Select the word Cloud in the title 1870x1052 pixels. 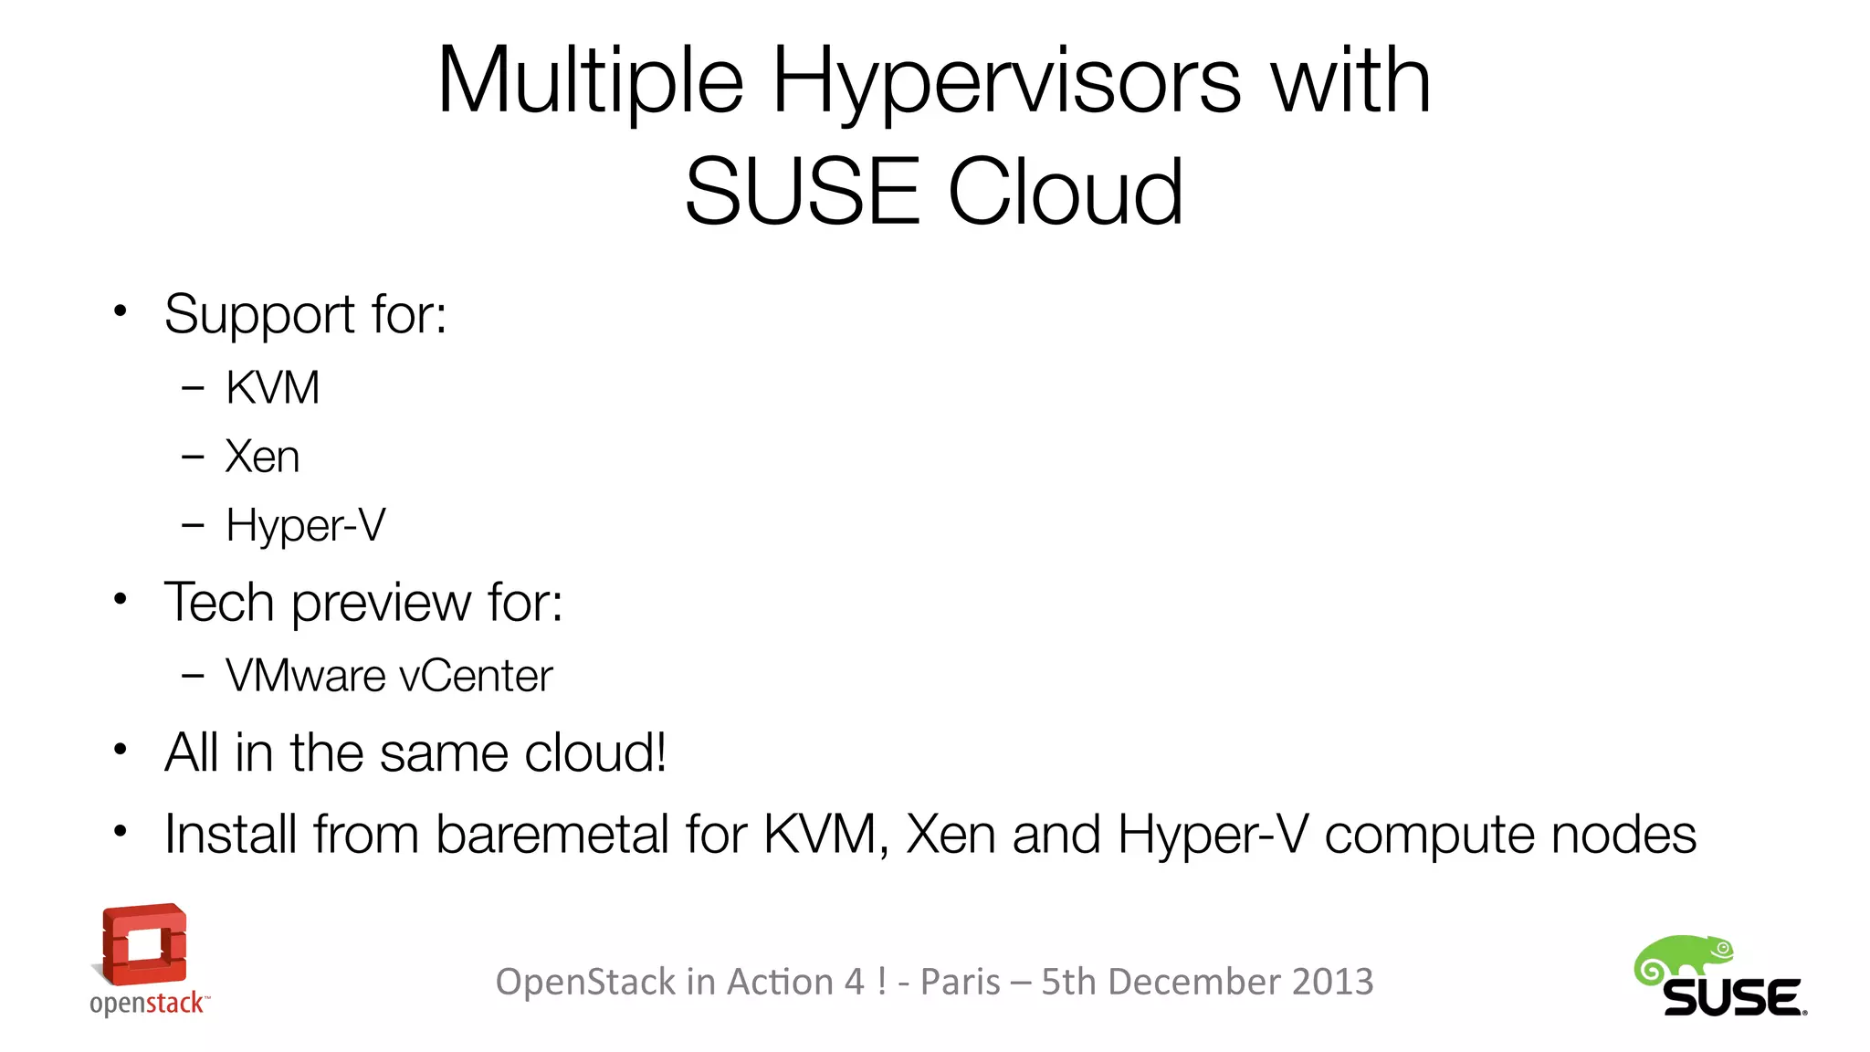1066,192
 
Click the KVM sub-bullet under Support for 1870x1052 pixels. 272,388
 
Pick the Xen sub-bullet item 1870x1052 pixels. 262,457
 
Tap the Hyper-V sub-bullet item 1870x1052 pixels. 306,526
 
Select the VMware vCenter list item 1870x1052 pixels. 389,677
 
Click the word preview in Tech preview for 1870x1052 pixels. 382,604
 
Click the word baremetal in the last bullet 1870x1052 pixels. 552,835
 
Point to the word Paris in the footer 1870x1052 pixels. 960,982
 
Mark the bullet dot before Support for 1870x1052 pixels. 120,311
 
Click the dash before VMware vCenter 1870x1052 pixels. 193,677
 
